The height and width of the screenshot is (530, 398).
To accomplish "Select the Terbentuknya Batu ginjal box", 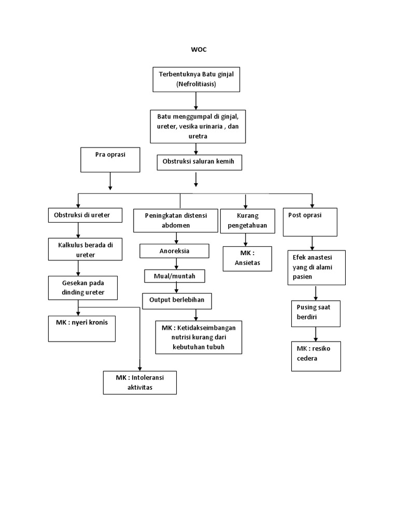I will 196,79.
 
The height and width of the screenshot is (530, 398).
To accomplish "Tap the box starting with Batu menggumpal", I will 197,126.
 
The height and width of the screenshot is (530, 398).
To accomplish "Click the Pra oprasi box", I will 110,159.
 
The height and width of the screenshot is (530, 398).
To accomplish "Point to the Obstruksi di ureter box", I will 86,215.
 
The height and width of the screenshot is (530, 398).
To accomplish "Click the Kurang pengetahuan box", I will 247,220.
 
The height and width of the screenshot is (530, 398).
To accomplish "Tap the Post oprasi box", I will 310,222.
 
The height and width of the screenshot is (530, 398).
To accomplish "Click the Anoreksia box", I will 174,251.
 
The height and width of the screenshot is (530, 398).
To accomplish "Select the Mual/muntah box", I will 175,276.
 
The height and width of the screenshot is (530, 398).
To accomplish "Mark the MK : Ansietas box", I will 247,258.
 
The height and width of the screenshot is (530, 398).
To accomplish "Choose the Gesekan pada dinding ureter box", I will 83,287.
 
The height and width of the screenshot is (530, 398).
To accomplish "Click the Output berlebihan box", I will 177,301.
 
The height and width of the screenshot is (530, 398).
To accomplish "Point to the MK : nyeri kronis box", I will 82,328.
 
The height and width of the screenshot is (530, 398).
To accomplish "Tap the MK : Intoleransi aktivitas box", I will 140,383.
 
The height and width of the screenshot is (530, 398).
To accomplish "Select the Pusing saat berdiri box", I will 315,312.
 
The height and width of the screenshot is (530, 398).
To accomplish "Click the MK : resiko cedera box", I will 316,355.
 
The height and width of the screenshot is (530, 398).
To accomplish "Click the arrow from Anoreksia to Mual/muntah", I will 177,264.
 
